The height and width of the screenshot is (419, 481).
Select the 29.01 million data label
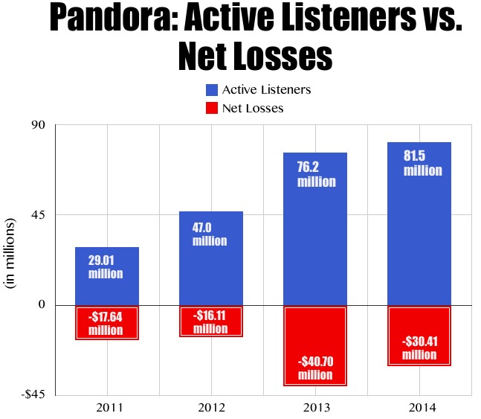click(x=105, y=267)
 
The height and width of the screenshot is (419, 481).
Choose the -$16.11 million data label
click(x=210, y=322)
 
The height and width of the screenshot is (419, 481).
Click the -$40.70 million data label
click(x=315, y=368)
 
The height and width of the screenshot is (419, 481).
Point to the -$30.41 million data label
click(x=419, y=348)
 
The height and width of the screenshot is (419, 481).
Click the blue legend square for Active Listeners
click(x=212, y=90)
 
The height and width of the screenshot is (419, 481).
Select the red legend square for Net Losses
click(x=212, y=108)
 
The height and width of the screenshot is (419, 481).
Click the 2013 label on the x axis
click(x=315, y=407)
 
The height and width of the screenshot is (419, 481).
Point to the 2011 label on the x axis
click(x=107, y=407)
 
